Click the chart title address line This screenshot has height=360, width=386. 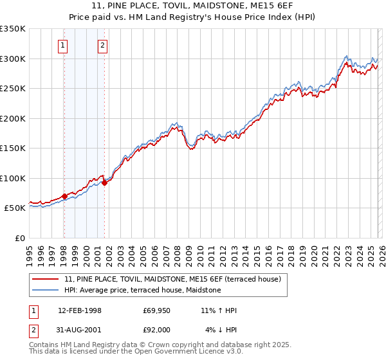coord(193,6)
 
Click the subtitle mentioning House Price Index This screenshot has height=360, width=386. coord(193,17)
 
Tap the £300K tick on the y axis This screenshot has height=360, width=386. coord(13,59)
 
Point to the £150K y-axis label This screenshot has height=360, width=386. coord(13,148)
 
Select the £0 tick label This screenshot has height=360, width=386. coord(19,238)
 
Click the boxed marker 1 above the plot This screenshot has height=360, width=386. coord(63,45)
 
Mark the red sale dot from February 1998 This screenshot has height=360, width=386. coord(64,196)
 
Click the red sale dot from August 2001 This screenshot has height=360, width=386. coord(104,183)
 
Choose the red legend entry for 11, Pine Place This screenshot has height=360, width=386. coord(172,279)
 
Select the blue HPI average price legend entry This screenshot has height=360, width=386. coord(142,291)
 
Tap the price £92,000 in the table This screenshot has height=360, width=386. coord(156,330)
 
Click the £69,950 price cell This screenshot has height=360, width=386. coord(156,310)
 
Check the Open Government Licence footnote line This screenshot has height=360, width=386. coord(136,352)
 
